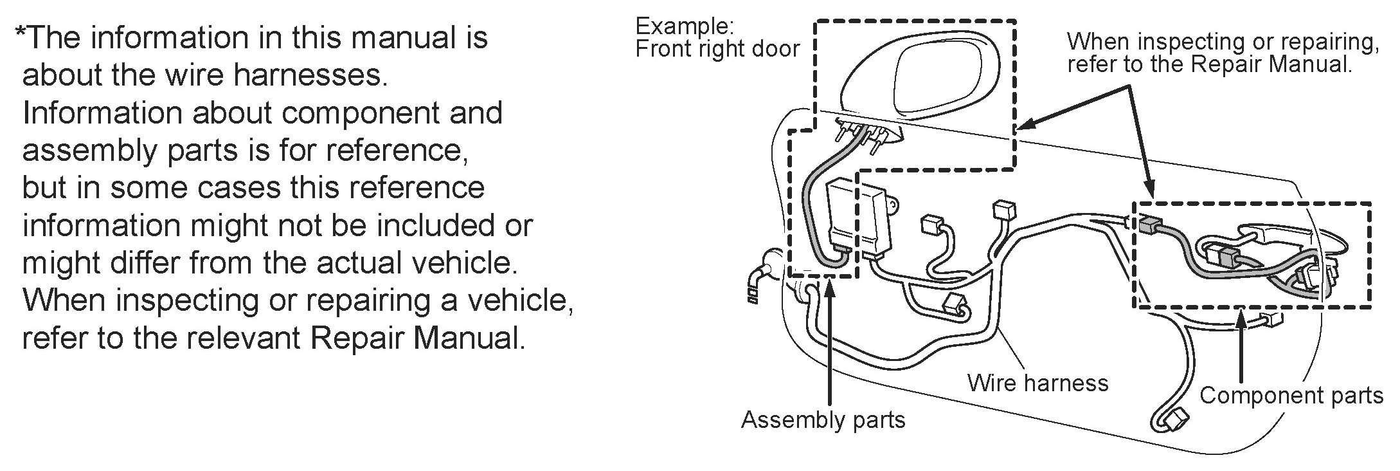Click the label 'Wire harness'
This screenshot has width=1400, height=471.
point(1037,383)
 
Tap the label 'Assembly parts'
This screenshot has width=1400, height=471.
point(823,420)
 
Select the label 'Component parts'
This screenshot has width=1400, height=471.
point(1291,395)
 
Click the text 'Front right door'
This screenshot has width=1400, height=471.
point(717,49)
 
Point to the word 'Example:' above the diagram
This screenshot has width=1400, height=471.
point(684,26)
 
